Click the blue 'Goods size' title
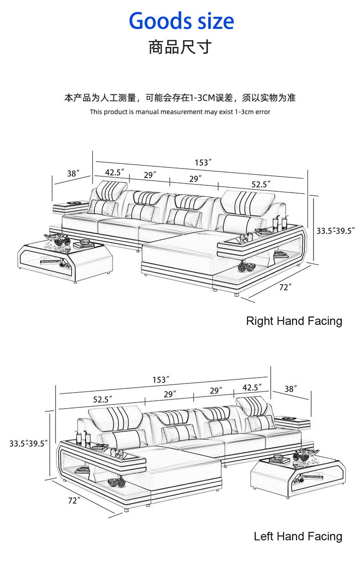(181, 21)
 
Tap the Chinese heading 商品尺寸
(180, 47)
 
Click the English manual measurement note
(180, 112)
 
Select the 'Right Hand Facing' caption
(294, 322)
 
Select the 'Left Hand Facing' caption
(298, 536)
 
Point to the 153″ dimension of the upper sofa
(203, 163)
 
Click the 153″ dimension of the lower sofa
(161, 380)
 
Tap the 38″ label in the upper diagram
(73, 174)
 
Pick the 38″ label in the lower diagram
(291, 389)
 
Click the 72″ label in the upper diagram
(285, 287)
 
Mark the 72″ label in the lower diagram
(74, 500)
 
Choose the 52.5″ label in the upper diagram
(261, 184)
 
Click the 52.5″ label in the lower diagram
(103, 399)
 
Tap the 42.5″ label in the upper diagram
(114, 172)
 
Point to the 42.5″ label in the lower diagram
(252, 388)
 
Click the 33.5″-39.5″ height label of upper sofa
(335, 230)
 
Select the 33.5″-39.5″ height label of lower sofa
(28, 443)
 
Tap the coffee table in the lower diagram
(298, 473)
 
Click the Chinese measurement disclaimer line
(180, 98)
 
